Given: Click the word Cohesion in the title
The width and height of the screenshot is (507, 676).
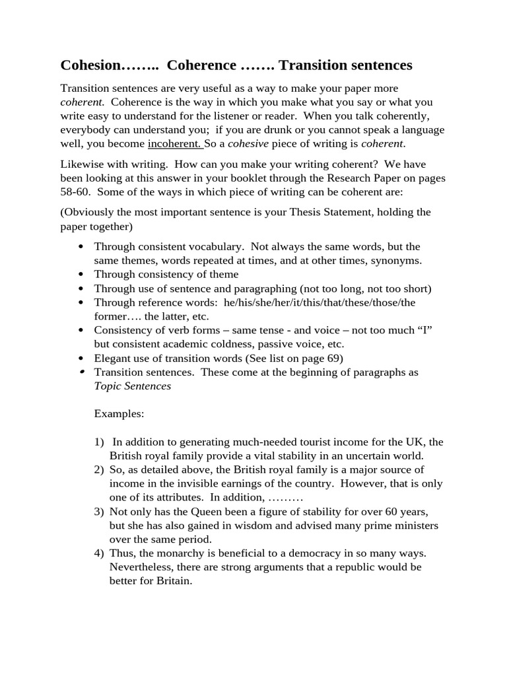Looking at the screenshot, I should coord(91,65).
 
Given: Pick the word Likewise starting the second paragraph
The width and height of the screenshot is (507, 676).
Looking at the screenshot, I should coord(83,164).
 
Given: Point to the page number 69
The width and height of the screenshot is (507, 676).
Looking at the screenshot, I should coord(333,358).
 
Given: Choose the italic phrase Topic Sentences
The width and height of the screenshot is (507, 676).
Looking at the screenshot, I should coord(132,386).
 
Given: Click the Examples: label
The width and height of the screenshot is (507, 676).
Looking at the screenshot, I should coord(119,414).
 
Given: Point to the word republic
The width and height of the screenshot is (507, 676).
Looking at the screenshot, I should coord(359,567).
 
